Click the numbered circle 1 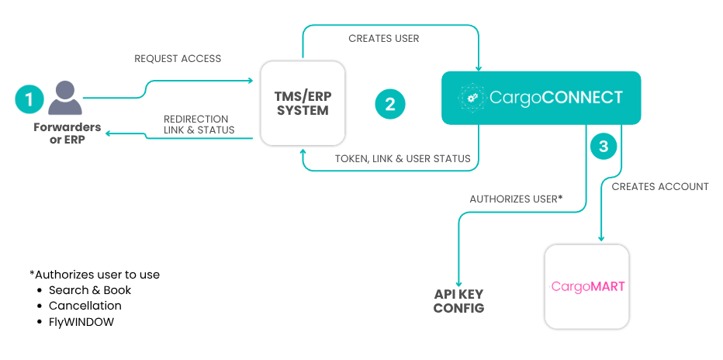click(29, 99)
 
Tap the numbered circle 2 click(390, 104)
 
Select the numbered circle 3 click(603, 146)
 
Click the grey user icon click(65, 99)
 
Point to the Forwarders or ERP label click(67, 133)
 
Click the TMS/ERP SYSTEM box click(303, 104)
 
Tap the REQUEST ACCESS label click(178, 58)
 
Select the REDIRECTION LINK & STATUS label click(199, 124)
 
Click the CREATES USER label click(384, 39)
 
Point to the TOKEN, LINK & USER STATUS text click(403, 158)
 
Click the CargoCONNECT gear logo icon click(471, 98)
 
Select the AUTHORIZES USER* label click(517, 199)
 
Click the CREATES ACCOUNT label click(660, 187)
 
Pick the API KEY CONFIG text click(458, 301)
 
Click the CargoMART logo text click(588, 287)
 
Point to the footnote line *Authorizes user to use click(95, 275)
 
